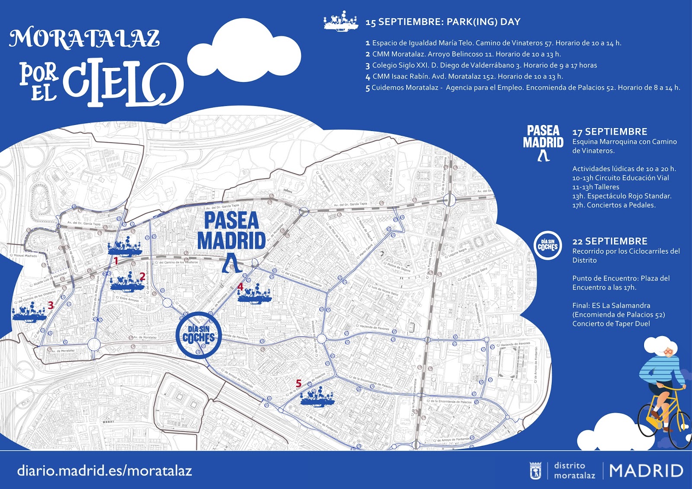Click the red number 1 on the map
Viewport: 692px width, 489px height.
[116, 261]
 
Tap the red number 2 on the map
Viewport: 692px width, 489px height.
[142, 276]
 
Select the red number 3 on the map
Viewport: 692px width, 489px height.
[51, 305]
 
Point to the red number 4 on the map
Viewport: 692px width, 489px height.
[240, 286]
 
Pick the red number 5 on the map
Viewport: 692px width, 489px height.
[298, 383]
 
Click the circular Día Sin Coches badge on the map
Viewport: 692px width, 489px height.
[199, 335]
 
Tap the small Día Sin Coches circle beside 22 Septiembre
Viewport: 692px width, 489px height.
[548, 245]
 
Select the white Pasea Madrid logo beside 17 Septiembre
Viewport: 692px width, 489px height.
[543, 142]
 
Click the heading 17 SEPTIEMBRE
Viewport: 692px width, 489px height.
[609, 132]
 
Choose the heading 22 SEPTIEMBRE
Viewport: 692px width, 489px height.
[609, 241]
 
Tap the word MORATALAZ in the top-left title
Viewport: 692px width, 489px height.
[84, 38]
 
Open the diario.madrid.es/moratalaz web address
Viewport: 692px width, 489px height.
[104, 471]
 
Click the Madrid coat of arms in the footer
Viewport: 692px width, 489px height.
[535, 471]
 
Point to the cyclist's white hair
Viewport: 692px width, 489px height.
[660, 344]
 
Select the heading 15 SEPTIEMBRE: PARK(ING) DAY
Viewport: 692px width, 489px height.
[442, 22]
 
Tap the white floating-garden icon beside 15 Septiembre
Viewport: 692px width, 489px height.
[341, 21]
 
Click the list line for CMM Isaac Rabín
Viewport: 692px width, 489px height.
[464, 77]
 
